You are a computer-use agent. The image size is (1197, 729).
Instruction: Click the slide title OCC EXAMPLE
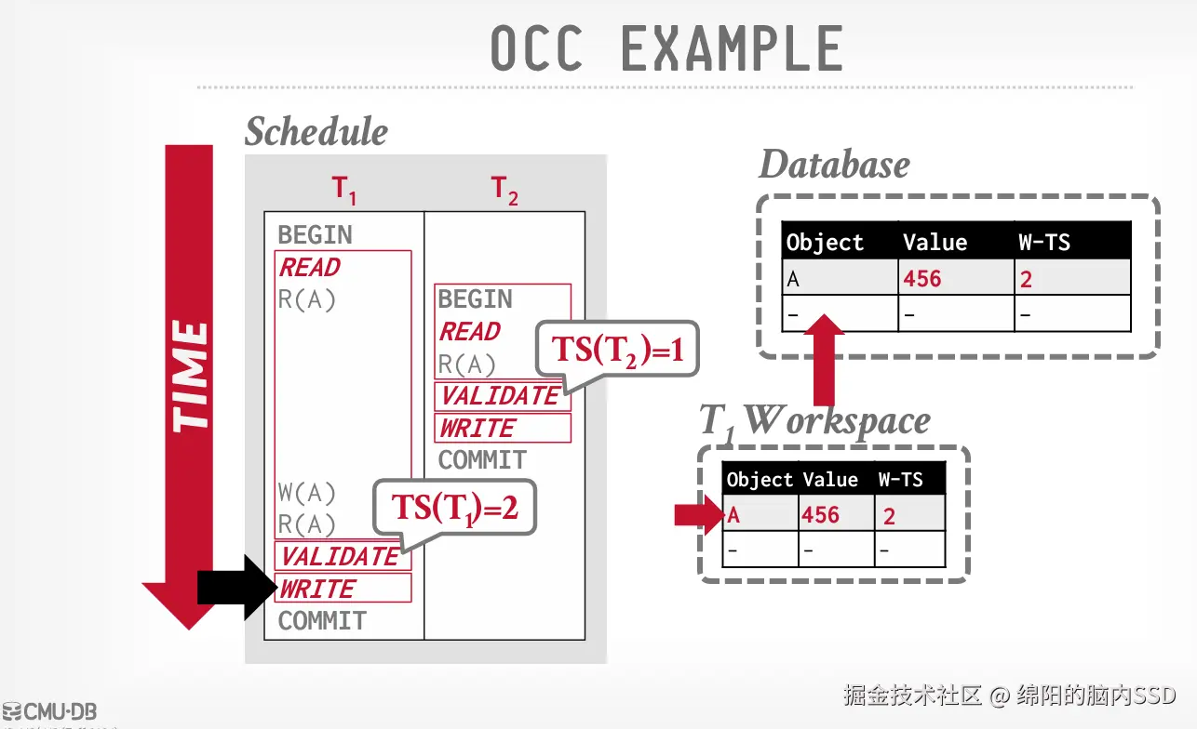666,49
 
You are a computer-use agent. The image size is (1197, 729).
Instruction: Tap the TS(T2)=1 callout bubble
615,351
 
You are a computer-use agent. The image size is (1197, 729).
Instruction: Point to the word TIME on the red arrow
190,376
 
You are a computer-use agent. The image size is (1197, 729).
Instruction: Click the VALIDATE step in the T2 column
500,396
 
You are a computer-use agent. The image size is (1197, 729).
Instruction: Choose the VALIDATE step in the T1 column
340,556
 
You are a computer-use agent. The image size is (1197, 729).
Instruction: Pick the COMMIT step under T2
482,460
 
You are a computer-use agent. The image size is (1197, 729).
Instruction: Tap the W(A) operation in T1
306,492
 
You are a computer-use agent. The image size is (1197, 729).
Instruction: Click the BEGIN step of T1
315,234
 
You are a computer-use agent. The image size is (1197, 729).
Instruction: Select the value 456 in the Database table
921,279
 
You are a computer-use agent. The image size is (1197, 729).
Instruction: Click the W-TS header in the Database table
1044,244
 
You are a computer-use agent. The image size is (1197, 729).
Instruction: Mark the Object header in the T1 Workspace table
759,480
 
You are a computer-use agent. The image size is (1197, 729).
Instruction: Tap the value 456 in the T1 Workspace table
820,515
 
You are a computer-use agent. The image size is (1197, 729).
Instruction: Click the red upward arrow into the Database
823,359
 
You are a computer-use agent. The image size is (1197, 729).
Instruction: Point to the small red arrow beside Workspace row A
697,515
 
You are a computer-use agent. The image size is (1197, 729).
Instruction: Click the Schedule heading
316,132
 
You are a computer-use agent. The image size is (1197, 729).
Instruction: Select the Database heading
834,166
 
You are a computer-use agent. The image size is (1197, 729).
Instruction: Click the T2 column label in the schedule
504,191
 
